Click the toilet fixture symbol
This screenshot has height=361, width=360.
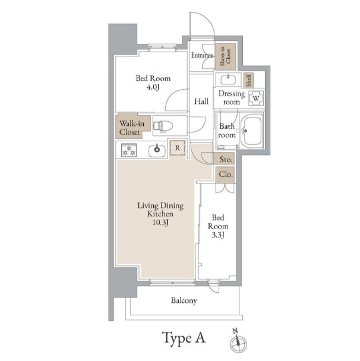tap(163, 126)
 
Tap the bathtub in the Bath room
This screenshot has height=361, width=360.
tap(252, 131)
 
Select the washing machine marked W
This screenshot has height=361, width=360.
tap(256, 98)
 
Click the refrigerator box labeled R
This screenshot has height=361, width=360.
tap(178, 148)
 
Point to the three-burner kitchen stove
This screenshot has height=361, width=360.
tap(129, 150)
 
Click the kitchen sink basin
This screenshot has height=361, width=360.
tap(157, 150)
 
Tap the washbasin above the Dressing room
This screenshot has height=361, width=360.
tap(228, 80)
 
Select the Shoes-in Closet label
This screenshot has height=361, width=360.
tap(225, 56)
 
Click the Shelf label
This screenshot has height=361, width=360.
tap(248, 80)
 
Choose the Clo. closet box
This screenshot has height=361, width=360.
tap(226, 175)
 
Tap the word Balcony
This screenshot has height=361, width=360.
tap(184, 300)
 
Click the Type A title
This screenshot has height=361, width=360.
tap(184, 337)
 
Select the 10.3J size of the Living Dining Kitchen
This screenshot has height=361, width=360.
tap(160, 223)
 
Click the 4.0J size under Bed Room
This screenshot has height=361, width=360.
tap(153, 87)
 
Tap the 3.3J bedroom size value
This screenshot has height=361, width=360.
tap(218, 235)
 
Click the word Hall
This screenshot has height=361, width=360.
tap(201, 102)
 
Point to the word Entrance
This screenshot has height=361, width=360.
tap(202, 55)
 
